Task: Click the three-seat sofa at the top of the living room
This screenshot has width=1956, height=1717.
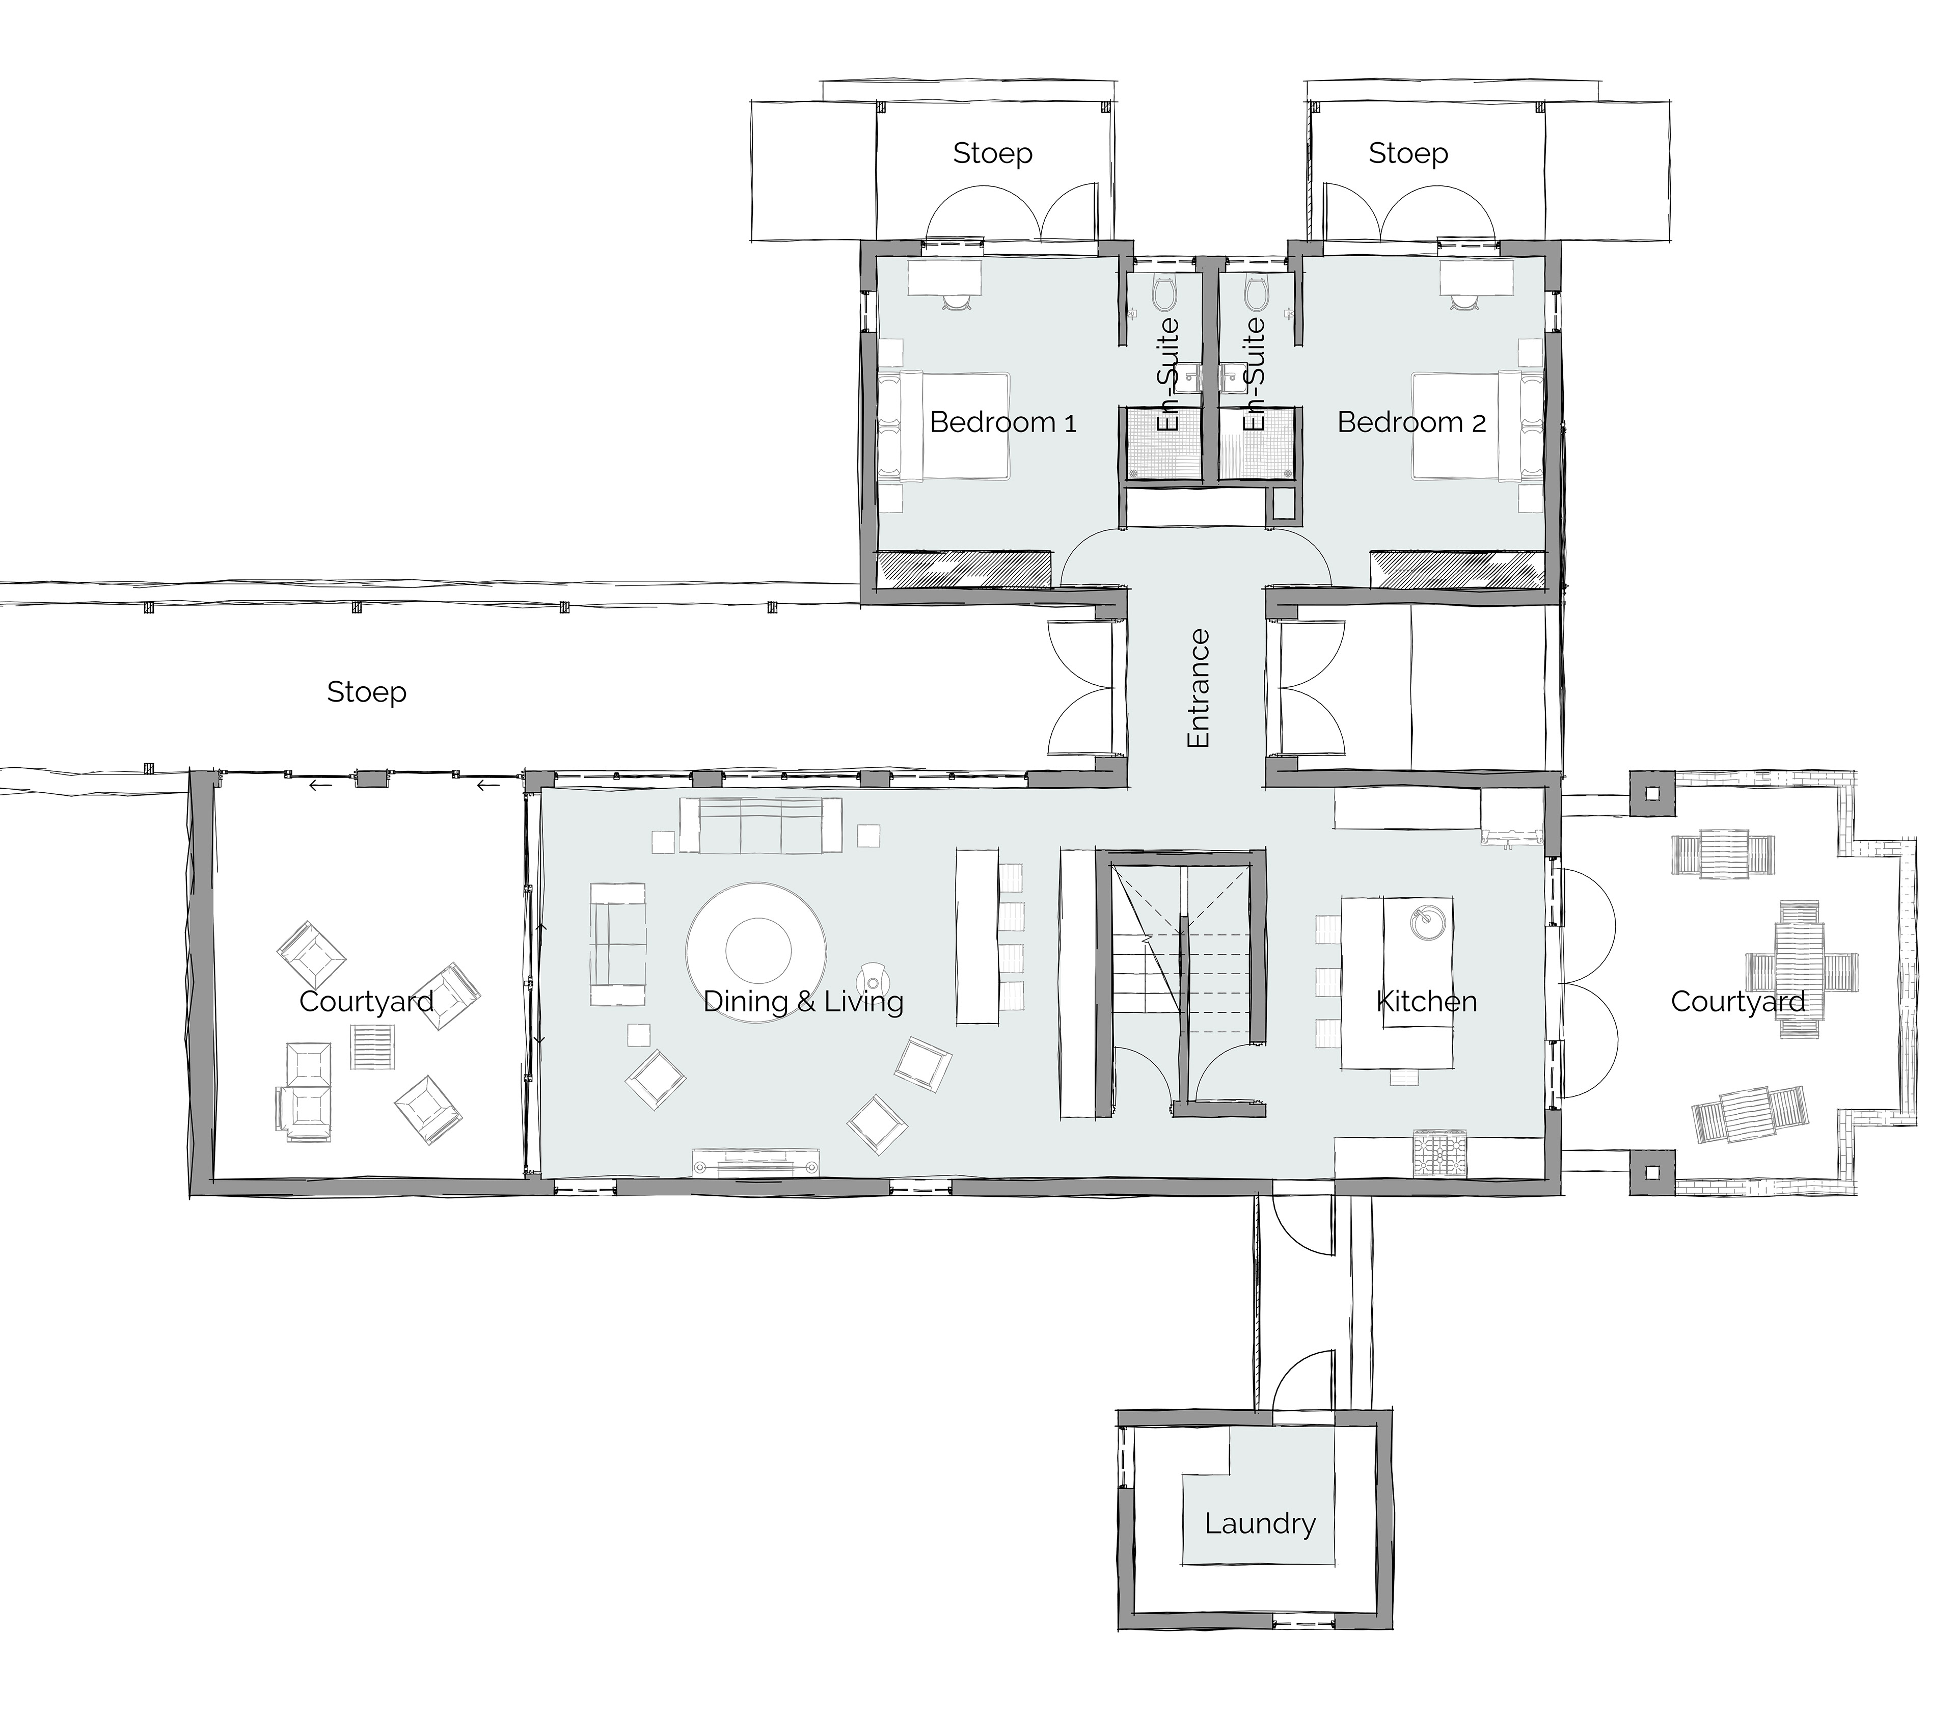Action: (761, 825)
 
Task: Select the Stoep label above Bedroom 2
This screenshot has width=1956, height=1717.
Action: (1408, 153)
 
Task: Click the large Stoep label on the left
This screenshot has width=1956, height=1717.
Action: (367, 692)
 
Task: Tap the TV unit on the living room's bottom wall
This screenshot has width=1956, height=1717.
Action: (756, 1162)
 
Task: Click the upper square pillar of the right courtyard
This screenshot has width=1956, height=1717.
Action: (1652, 793)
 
